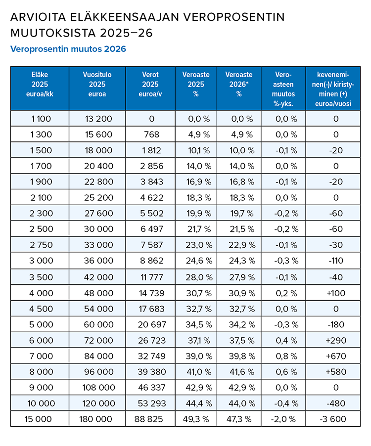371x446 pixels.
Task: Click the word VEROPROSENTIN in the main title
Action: tap(233, 17)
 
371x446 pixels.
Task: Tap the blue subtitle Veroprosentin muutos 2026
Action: tap(68, 49)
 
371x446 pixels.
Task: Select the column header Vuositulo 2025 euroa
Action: tap(97, 84)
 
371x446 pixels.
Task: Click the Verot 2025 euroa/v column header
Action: tap(150, 84)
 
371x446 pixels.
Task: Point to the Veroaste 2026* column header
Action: tap(239, 84)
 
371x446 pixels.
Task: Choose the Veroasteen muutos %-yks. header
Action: tap(283, 89)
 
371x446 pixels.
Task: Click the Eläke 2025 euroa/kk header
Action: tap(40, 84)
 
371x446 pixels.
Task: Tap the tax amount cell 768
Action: tap(152, 134)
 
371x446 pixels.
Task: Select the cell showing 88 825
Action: tap(148, 419)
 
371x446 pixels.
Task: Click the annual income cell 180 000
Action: tap(95, 419)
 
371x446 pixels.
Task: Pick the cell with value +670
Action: tap(336, 356)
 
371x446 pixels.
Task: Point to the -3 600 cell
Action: tap(333, 419)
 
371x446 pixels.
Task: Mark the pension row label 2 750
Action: tap(41, 245)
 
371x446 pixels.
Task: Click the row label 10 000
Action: tap(41, 403)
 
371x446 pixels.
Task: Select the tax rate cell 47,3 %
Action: tap(239, 419)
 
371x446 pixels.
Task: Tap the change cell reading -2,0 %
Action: tap(282, 419)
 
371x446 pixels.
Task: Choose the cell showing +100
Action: tap(336, 293)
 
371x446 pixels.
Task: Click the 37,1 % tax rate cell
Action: tap(199, 340)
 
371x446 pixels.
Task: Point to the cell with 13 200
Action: tap(98, 119)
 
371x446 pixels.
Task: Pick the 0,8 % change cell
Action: tap(286, 356)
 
